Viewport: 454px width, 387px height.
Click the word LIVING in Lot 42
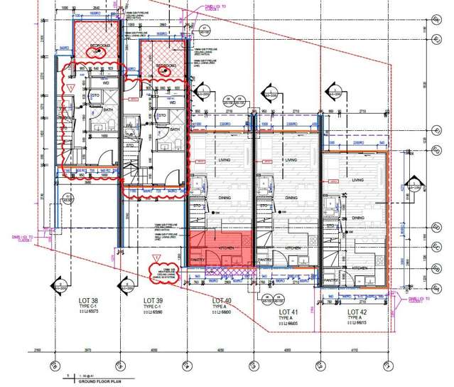pyautogui.click(x=357, y=181)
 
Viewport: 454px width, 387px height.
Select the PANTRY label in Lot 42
pyautogui.click(x=330, y=280)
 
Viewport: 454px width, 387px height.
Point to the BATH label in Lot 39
pyautogui.click(x=174, y=130)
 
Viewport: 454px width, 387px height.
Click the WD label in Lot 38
pyautogui.click(x=107, y=83)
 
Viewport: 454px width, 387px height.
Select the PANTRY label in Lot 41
pyautogui.click(x=264, y=260)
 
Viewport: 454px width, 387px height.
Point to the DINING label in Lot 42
pyautogui.click(x=357, y=218)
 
